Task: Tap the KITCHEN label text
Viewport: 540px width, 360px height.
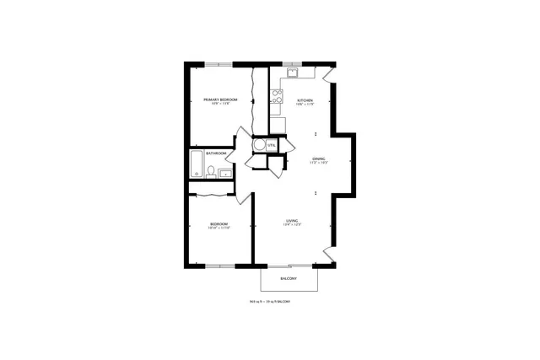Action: [305, 100]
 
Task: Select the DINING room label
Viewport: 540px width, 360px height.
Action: [319, 159]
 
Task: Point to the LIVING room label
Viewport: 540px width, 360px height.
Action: [292, 222]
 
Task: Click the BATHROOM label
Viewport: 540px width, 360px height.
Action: [216, 153]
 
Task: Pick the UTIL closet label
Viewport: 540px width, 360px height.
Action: [271, 145]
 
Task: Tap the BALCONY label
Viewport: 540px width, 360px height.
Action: [289, 278]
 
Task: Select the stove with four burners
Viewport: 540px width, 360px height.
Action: [276, 98]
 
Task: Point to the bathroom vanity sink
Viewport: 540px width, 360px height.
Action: [224, 174]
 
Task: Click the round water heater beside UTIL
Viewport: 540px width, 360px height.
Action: [259, 144]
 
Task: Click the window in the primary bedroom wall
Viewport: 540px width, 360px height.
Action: [219, 64]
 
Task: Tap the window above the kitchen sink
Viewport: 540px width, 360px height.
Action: [292, 64]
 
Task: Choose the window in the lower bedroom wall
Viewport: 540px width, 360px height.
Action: [219, 266]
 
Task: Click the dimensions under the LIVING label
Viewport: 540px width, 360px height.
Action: [292, 226]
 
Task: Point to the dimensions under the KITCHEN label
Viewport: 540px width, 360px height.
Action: [305, 105]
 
